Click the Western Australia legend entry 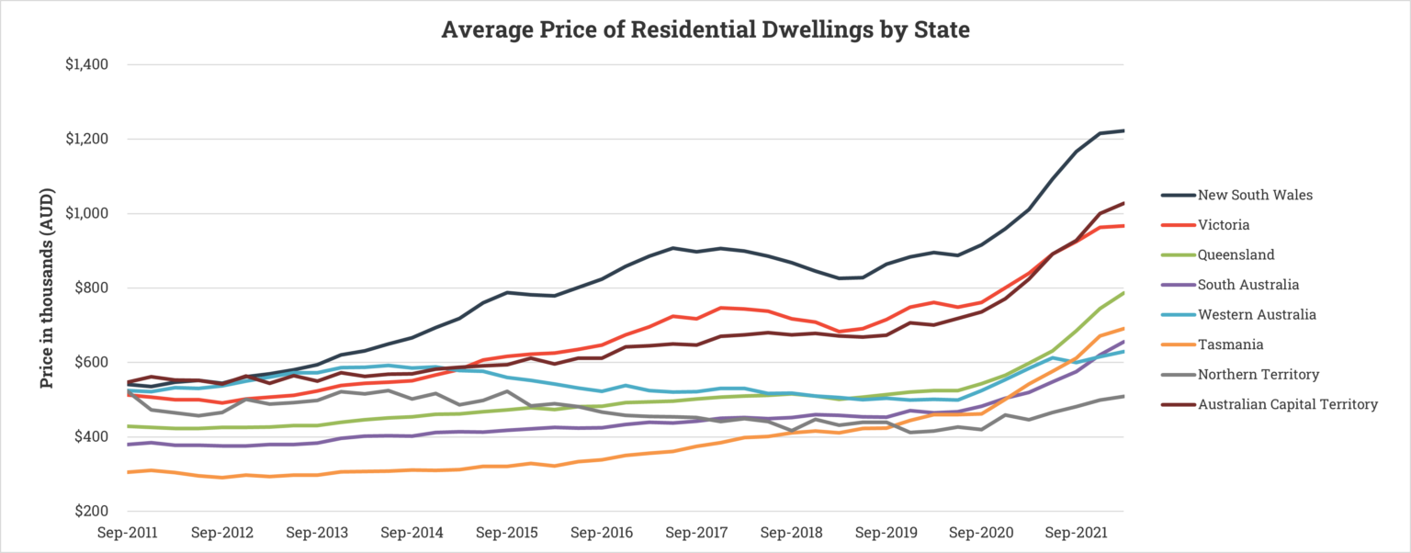click(x=1257, y=314)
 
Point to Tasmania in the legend click(x=1230, y=344)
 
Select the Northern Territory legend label click(x=1259, y=374)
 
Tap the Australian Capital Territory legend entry click(x=1288, y=404)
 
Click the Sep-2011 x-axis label click(x=128, y=533)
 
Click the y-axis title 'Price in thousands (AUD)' click(x=47, y=288)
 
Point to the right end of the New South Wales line click(x=1123, y=130)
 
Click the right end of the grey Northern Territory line click(x=1123, y=396)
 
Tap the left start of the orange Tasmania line click(x=129, y=472)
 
